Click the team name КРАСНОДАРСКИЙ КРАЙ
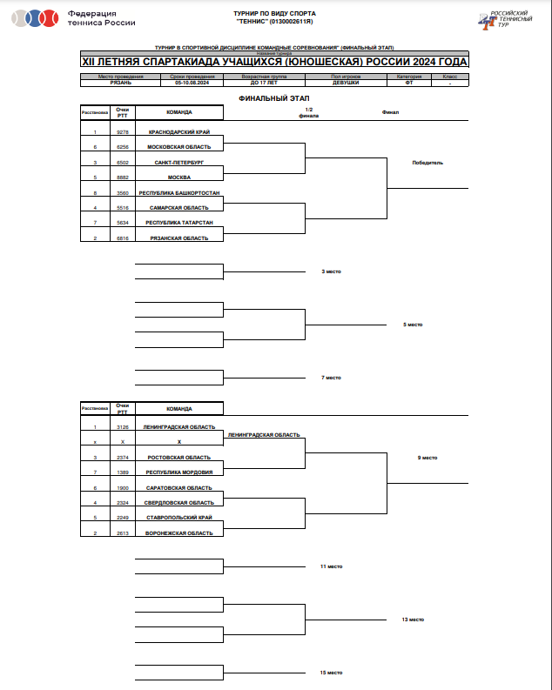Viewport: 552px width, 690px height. click(x=179, y=131)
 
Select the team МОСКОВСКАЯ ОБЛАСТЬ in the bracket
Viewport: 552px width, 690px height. click(x=179, y=147)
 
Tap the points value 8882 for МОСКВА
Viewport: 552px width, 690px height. click(x=123, y=178)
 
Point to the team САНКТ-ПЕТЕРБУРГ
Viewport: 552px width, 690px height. click(x=179, y=162)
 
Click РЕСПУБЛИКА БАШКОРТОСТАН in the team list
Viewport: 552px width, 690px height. click(x=179, y=192)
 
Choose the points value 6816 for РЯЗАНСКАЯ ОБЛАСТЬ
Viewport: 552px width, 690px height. click(x=123, y=238)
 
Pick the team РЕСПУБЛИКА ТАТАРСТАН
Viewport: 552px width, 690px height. click(x=179, y=223)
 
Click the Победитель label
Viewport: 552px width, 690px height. click(x=427, y=162)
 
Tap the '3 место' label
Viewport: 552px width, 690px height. click(x=331, y=271)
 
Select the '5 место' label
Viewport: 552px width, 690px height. click(x=413, y=325)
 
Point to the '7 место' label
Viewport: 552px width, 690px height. click(x=331, y=378)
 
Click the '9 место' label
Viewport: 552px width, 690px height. click(x=427, y=457)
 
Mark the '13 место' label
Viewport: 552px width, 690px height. click(x=413, y=620)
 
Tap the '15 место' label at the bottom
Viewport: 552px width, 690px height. click(x=331, y=673)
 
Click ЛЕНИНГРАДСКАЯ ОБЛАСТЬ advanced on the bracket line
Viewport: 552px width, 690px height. click(x=264, y=434)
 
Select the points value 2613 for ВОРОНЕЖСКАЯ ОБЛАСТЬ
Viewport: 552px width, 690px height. click(x=123, y=533)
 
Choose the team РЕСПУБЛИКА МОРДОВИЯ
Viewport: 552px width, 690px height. click(x=178, y=472)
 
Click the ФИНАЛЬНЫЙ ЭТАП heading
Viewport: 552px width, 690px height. click(x=274, y=99)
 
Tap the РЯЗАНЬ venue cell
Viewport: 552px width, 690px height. click(x=121, y=82)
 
